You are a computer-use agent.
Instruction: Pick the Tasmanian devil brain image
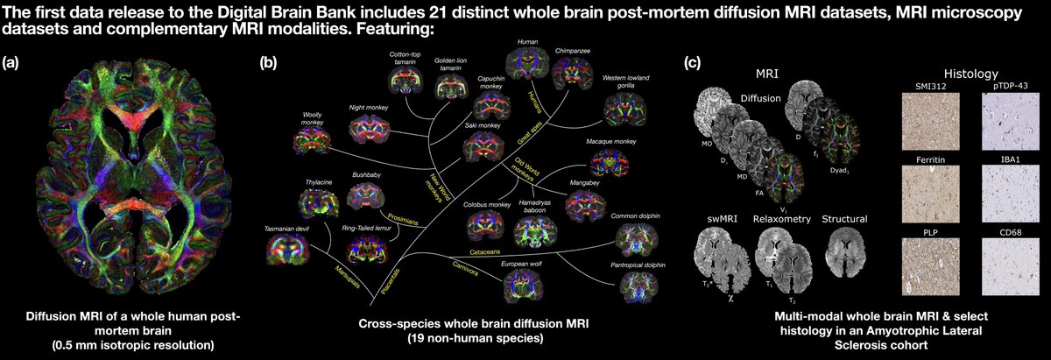286,251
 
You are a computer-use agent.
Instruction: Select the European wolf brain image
521,285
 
